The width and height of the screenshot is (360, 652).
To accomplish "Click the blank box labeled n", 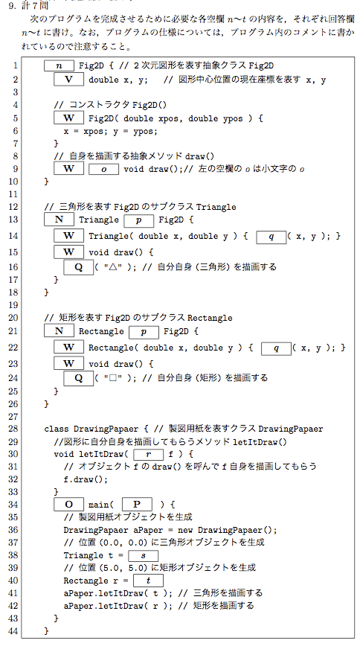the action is click(59, 65).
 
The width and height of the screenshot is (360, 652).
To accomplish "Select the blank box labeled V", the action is click(69, 80).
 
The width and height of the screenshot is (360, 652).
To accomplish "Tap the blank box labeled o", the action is click(104, 169).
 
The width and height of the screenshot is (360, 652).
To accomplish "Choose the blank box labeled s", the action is click(144, 555).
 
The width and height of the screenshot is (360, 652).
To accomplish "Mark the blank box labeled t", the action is click(149, 581).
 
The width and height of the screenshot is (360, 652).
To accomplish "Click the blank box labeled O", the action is click(69, 505).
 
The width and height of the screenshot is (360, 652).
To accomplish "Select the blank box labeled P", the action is click(137, 505).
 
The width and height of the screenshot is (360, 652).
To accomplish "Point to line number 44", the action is click(13, 631).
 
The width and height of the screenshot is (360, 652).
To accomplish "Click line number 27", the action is click(13, 417).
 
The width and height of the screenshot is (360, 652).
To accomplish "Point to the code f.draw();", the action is click(86, 479).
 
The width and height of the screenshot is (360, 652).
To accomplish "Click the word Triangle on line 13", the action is click(99, 220).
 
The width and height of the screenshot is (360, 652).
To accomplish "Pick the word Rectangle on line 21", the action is click(101, 331).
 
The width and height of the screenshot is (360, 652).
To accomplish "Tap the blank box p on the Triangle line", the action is click(139, 220).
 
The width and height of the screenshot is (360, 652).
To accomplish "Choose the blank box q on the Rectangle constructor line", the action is click(276, 348).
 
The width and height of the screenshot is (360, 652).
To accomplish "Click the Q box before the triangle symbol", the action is click(79, 267).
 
